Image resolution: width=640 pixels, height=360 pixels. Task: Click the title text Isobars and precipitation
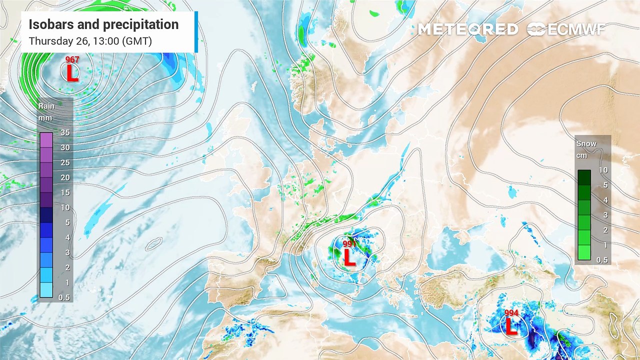[x=103, y=24]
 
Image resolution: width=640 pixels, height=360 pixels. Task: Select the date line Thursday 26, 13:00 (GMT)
[x=90, y=41]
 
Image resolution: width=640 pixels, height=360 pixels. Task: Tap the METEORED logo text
[x=467, y=29]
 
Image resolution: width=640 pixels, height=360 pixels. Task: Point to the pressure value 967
[x=72, y=60]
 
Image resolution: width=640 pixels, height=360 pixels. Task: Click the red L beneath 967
[x=72, y=74]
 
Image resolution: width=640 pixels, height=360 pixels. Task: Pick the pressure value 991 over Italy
[x=349, y=244]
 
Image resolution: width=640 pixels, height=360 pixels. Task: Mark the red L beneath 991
[x=349, y=258]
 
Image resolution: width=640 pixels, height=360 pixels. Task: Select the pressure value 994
[x=511, y=313]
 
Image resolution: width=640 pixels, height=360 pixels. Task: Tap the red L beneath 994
[x=511, y=327]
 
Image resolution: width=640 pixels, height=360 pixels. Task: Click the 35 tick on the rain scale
[x=64, y=132]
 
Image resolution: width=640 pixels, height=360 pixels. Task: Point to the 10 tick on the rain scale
[x=64, y=207]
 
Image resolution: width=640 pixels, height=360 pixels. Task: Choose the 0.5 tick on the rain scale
[x=64, y=297]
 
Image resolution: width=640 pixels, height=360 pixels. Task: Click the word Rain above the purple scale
[x=46, y=106]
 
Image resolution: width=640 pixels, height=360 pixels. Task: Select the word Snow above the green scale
[x=586, y=143]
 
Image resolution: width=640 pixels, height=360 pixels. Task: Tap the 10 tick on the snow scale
[x=603, y=170]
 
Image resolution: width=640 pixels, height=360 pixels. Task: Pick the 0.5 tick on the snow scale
[x=603, y=260]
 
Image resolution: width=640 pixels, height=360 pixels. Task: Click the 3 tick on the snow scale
[x=603, y=215]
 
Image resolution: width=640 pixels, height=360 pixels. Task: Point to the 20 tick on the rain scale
[x=64, y=177]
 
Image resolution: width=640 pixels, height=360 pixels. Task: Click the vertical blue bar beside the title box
[x=196, y=31]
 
